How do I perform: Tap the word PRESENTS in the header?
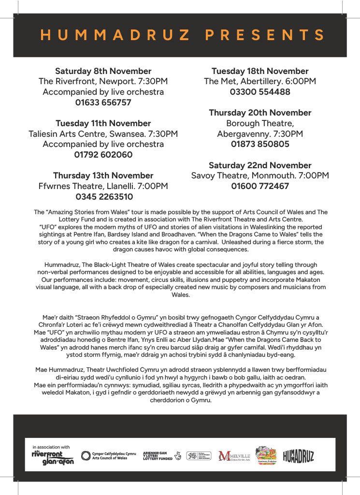click(x=265, y=35)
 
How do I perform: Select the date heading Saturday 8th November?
click(x=103, y=71)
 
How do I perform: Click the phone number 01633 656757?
click(x=103, y=102)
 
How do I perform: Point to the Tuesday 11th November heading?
click(x=103, y=123)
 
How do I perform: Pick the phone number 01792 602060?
click(x=103, y=155)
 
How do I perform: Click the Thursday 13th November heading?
click(x=103, y=175)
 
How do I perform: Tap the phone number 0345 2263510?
click(x=104, y=197)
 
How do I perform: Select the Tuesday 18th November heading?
click(x=260, y=71)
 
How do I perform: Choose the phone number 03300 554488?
click(x=260, y=92)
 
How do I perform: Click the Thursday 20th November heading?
click(x=260, y=113)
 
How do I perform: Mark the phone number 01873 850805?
click(x=260, y=144)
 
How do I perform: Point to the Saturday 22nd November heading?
click(x=260, y=165)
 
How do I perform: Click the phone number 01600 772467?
click(x=260, y=186)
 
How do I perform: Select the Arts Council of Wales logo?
click(x=108, y=456)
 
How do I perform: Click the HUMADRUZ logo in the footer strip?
click(x=298, y=456)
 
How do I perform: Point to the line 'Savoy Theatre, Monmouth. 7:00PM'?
click(x=260, y=175)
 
